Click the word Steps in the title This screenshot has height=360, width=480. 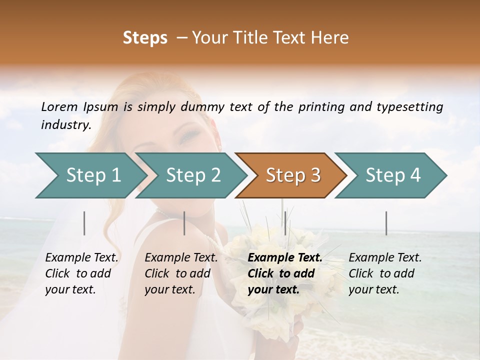coord(145,38)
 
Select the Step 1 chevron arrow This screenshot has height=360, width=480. coord(90,175)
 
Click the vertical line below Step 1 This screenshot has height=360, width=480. coord(84,223)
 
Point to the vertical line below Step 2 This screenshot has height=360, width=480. coord(184,223)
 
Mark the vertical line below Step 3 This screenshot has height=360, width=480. coord(285,223)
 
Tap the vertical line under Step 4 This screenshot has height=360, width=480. coord(386,223)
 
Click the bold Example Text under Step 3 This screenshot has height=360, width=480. coord(285,257)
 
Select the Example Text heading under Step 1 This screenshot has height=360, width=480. coord(81,257)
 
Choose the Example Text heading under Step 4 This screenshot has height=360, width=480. coord(385,257)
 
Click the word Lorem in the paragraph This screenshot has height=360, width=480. coord(59,107)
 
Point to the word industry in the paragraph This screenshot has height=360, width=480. coord(65,125)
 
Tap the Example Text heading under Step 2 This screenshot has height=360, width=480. coord(181,257)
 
